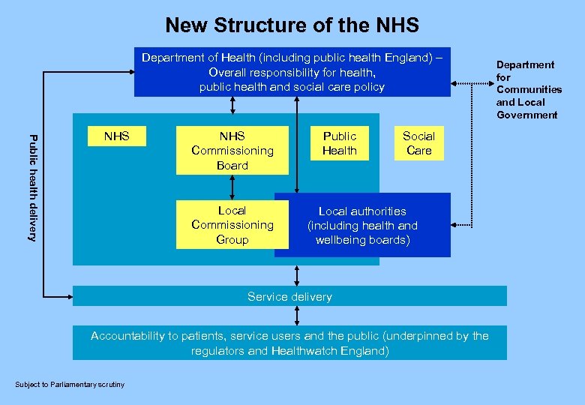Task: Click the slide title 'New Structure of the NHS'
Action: coord(292,25)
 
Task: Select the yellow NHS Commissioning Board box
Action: coord(232,150)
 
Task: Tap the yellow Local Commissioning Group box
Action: coord(232,225)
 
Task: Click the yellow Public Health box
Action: coord(339,143)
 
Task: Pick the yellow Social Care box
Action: coord(418,143)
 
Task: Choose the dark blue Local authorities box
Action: coord(362,226)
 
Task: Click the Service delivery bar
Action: coord(289,296)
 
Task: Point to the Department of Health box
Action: coord(292,72)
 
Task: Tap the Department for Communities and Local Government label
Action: coord(528,89)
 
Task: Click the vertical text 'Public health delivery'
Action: coord(31,187)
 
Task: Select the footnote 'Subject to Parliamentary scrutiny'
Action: coord(70,385)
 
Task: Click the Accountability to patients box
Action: coord(289,343)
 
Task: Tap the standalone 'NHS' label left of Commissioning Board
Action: coord(117,136)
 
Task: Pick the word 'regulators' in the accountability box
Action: coord(218,350)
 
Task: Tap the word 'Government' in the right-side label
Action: coord(526,115)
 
